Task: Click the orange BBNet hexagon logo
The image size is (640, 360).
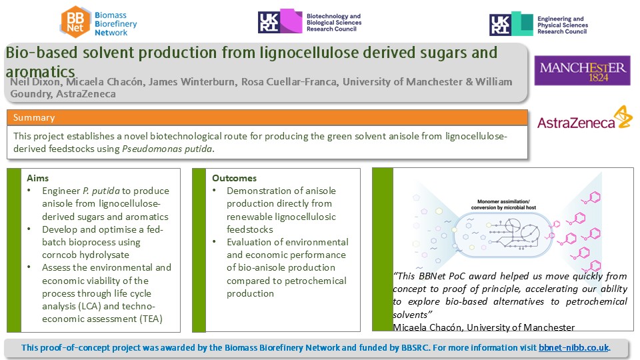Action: tap(75, 22)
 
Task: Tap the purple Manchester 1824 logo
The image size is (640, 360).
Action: tap(583, 70)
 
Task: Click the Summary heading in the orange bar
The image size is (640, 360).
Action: tap(34, 117)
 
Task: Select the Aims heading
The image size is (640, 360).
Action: tap(37, 178)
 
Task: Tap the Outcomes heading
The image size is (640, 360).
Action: tap(234, 178)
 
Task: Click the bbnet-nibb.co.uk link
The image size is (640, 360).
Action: tap(574, 348)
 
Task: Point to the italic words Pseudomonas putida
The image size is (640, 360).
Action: tap(167, 149)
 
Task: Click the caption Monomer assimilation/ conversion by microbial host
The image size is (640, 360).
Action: tap(503, 205)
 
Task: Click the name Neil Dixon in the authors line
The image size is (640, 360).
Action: tap(35, 82)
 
